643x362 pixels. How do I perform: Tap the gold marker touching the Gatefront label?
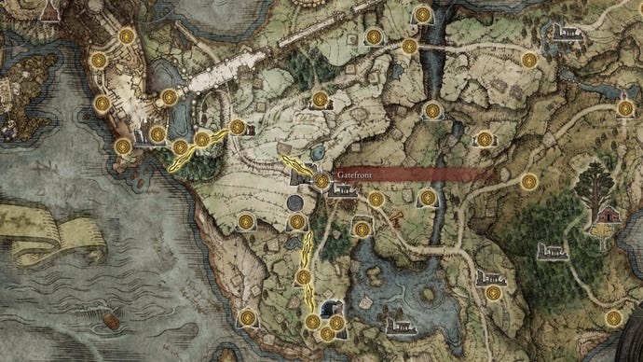[x=321, y=180]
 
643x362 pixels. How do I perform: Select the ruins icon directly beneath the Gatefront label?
[x=341, y=191]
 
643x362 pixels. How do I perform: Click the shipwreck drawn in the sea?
[x=110, y=320]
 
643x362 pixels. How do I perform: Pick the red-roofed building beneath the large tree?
[x=609, y=215]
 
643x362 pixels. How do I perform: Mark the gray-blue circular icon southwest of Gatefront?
[x=296, y=202]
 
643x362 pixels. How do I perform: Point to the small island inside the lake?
[x=427, y=299]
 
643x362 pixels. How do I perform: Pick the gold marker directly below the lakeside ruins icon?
[x=493, y=293]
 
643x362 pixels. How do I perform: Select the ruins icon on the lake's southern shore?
[x=400, y=327]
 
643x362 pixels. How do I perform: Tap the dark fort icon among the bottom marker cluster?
[x=328, y=310]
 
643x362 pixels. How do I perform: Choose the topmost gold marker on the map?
[x=424, y=15]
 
